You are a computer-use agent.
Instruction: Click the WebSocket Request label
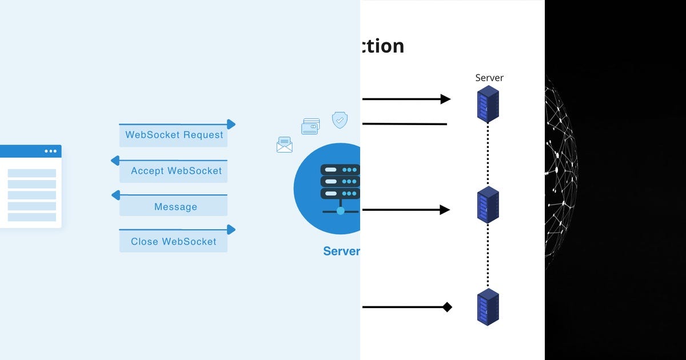pyautogui.click(x=174, y=135)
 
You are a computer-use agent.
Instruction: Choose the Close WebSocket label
pyautogui.click(x=174, y=242)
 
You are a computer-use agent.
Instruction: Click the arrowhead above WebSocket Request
pyautogui.click(x=231, y=124)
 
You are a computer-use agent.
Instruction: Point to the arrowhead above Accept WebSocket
pyautogui.click(x=115, y=161)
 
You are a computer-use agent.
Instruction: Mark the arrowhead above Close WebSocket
pyautogui.click(x=231, y=229)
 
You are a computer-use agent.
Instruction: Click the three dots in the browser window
pyautogui.click(x=50, y=151)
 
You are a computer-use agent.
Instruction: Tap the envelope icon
pyautogui.click(x=284, y=145)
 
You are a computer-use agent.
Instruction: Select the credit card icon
pyautogui.click(x=310, y=126)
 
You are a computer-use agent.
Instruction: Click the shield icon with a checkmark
pyautogui.click(x=340, y=120)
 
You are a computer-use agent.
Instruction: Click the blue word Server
pyautogui.click(x=341, y=251)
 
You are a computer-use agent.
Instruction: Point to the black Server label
pyautogui.click(x=489, y=78)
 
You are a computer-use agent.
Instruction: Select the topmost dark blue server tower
pyautogui.click(x=488, y=103)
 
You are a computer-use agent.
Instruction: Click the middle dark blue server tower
pyautogui.click(x=488, y=204)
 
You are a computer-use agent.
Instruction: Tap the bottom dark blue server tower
pyautogui.click(x=488, y=307)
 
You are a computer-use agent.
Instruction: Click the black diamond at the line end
pyautogui.click(x=447, y=307)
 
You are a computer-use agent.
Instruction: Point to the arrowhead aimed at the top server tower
pyautogui.click(x=445, y=99)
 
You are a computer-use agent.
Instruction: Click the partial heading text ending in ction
pyautogui.click(x=382, y=46)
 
